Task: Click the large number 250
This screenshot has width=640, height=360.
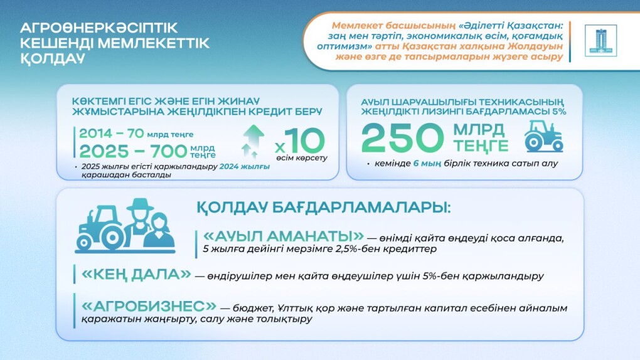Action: tap(401, 138)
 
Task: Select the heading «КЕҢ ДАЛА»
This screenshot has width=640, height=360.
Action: tap(136, 274)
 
